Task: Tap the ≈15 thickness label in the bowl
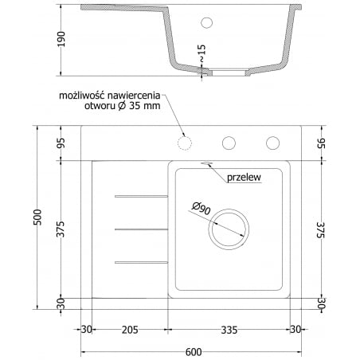[x=203, y=53]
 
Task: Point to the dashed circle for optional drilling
[x=186, y=143]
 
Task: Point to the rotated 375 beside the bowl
[x=320, y=229]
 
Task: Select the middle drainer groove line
[x=142, y=228]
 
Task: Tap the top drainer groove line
[x=142, y=195]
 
